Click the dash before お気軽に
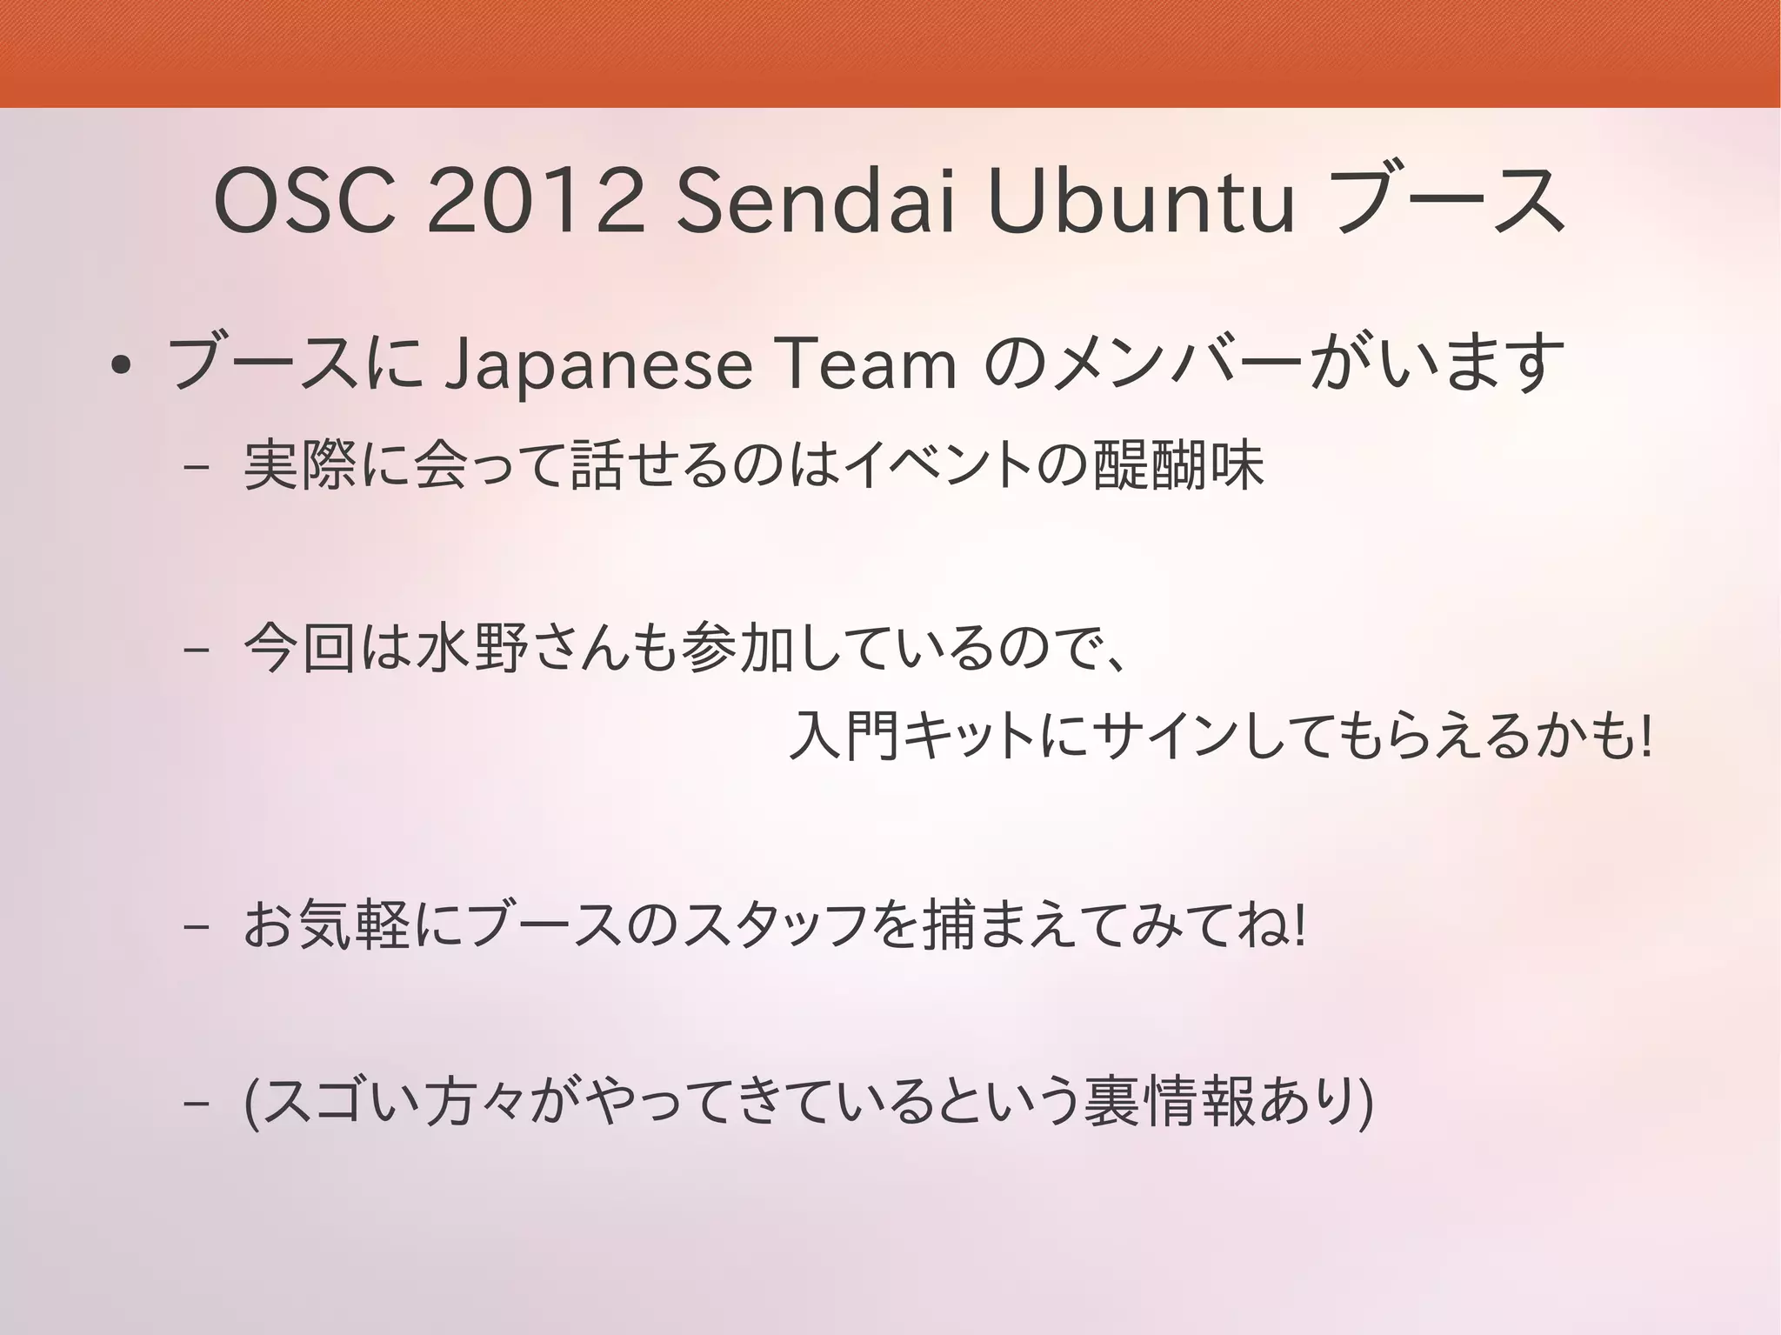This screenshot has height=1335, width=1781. coord(197,928)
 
